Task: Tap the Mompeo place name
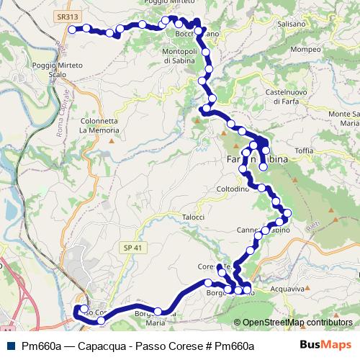coord(305,50)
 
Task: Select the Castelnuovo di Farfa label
coord(288,98)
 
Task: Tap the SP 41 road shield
coord(128,246)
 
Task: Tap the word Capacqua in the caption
coord(95,345)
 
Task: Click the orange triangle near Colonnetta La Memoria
coord(112,140)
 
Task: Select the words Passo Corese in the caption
coord(157,345)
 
